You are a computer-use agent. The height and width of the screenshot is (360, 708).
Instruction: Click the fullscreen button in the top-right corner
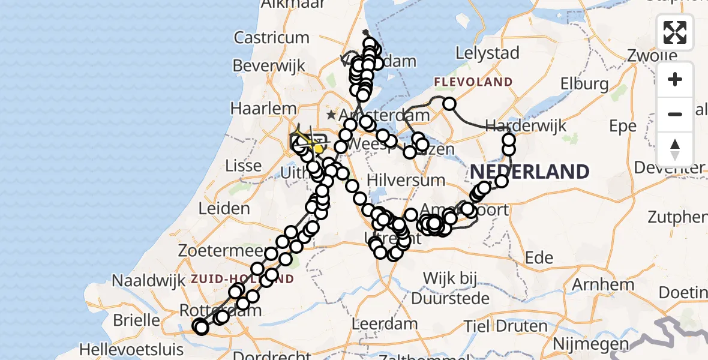click(675, 32)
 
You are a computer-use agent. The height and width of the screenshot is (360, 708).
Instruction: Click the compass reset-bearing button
click(675, 149)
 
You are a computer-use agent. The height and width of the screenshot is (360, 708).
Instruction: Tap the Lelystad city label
click(487, 53)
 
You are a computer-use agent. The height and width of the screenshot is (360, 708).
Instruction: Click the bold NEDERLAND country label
click(529, 172)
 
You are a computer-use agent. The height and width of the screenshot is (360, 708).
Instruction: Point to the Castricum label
click(271, 38)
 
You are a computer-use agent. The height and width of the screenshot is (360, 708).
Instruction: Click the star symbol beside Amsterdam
click(331, 114)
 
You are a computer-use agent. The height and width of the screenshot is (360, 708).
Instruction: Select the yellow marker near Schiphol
click(318, 148)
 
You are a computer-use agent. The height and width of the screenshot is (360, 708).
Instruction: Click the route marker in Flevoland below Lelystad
click(449, 104)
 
